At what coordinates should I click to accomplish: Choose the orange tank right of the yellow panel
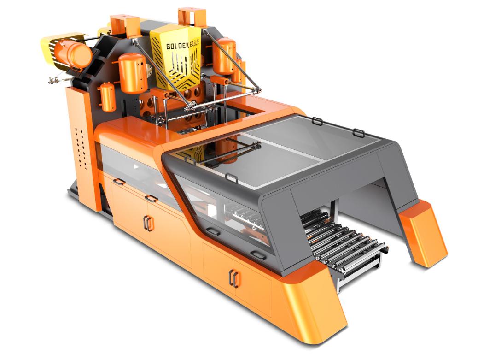[225, 56]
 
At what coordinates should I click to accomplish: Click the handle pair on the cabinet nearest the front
[234, 277]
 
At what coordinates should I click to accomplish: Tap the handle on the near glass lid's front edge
[232, 177]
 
